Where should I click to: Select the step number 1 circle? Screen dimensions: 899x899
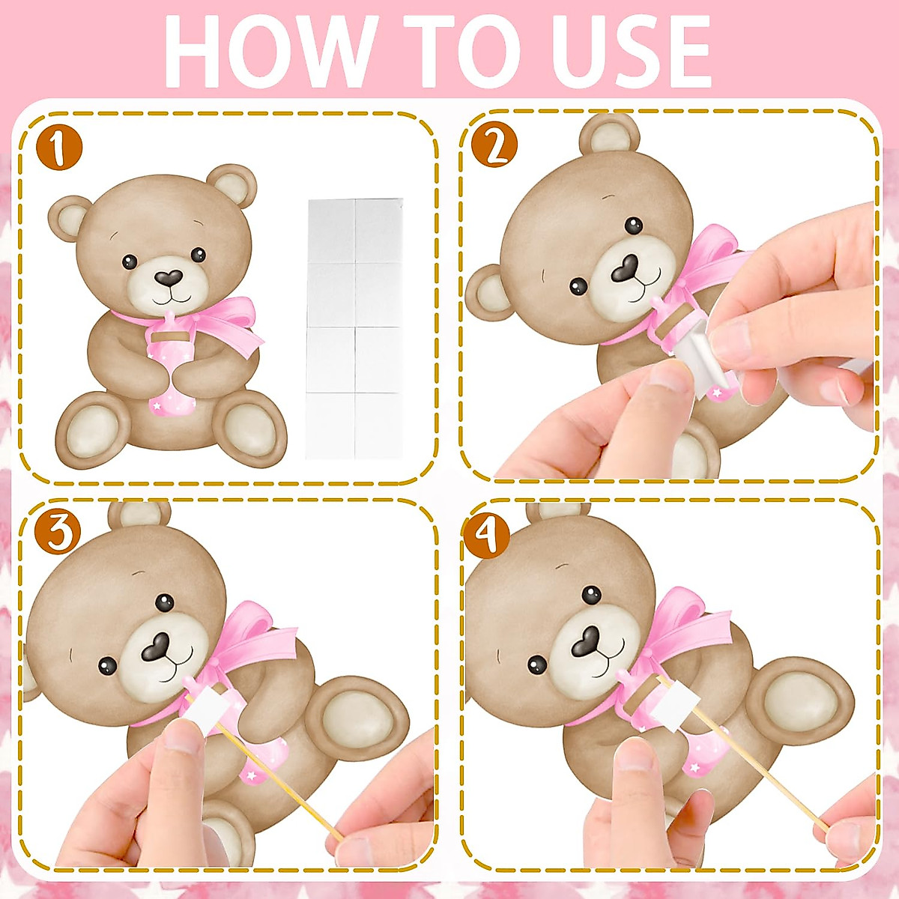[x=58, y=148]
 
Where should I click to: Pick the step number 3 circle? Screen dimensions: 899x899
[x=57, y=533]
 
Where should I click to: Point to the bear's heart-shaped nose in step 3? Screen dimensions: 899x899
[x=159, y=647]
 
